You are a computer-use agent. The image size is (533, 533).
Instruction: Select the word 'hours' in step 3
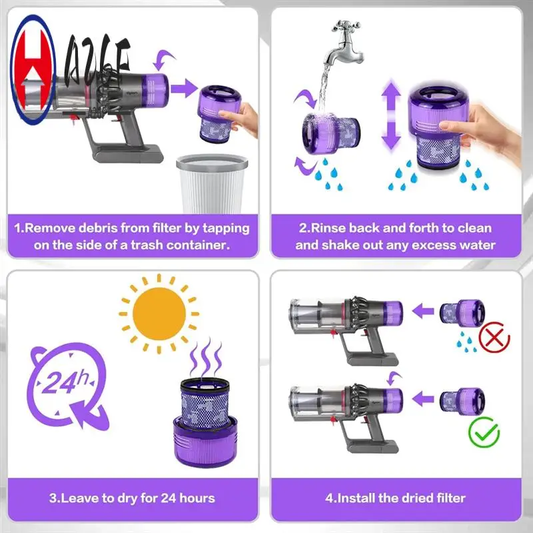193,498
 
